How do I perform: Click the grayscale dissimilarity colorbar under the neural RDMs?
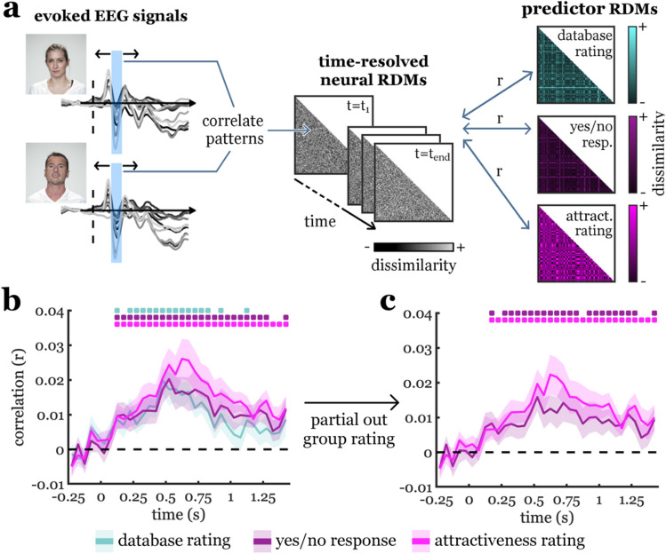(x=413, y=246)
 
